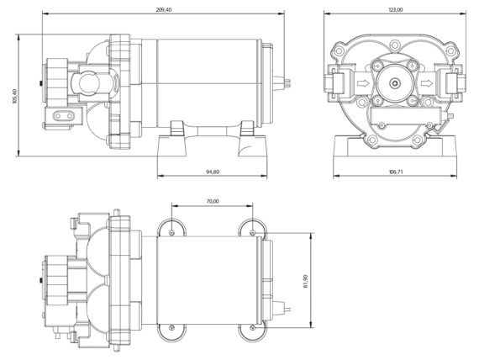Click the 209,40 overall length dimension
click(164, 9)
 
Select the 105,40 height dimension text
click(15, 96)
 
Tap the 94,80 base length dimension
click(213, 172)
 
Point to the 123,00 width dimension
click(395, 9)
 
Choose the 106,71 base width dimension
click(395, 172)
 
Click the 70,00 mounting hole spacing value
click(213, 201)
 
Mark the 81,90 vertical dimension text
click(306, 282)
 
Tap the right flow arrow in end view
click(427, 83)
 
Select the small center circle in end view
click(394, 82)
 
